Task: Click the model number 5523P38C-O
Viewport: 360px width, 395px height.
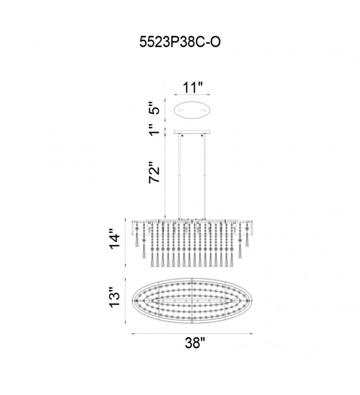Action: click(x=180, y=42)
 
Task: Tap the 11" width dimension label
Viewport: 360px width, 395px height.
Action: click(x=192, y=88)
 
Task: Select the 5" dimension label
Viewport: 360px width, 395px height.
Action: click(x=154, y=108)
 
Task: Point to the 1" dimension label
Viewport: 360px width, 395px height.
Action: click(x=154, y=129)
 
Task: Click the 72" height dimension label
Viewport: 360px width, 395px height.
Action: click(x=154, y=172)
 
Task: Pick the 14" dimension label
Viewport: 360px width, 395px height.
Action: click(x=114, y=238)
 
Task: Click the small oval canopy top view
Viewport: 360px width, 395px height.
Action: click(x=192, y=110)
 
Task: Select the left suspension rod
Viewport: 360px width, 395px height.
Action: click(x=179, y=176)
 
